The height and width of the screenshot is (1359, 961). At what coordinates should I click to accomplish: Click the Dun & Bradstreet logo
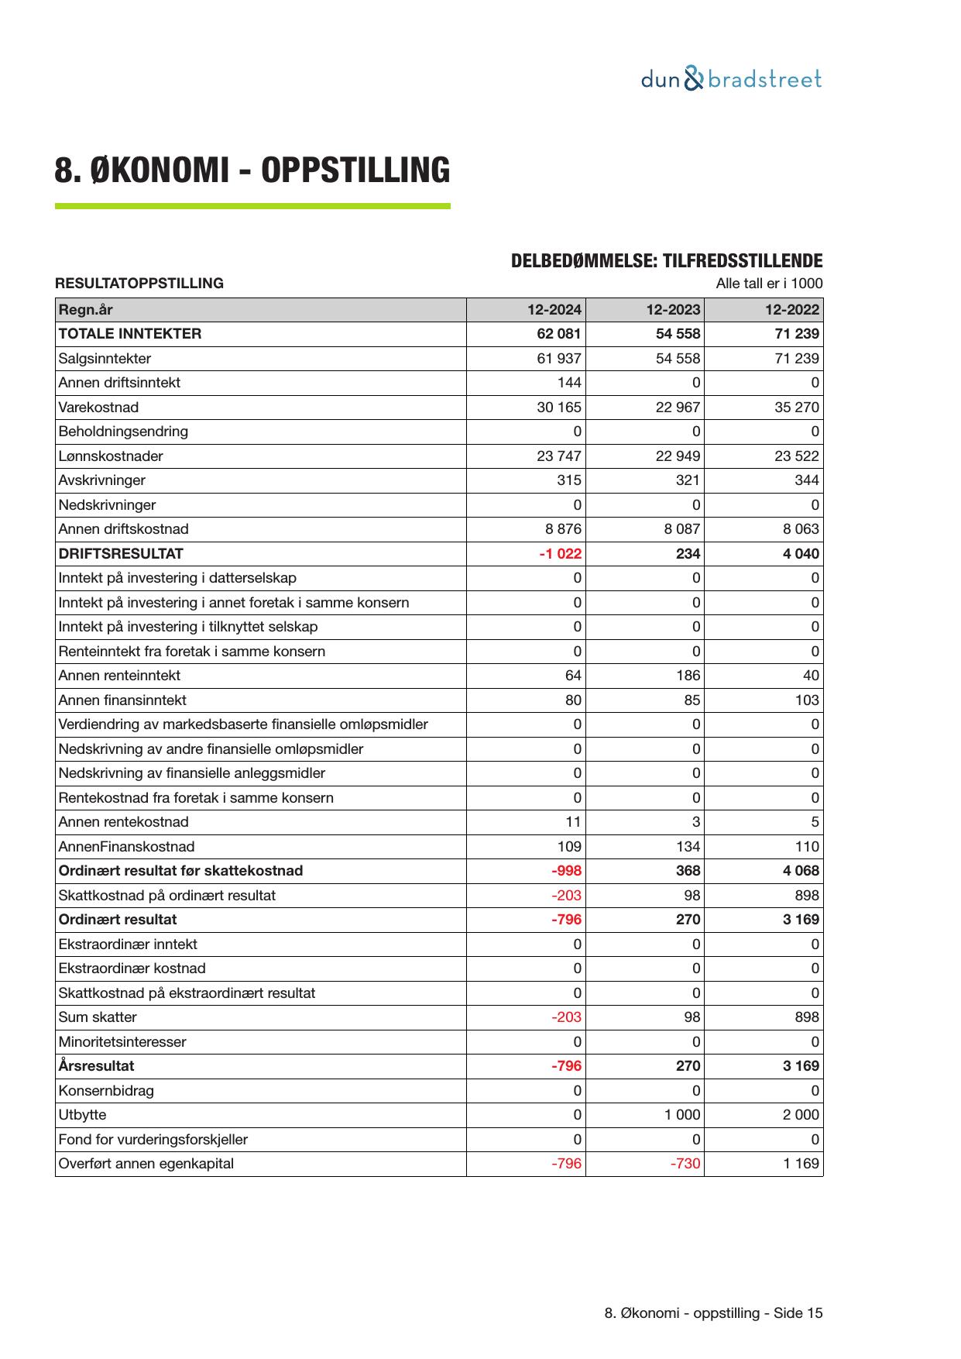click(x=731, y=79)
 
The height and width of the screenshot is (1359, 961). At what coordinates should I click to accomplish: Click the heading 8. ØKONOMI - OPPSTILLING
click(x=252, y=170)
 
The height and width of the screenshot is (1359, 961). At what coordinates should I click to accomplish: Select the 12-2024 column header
click(x=554, y=310)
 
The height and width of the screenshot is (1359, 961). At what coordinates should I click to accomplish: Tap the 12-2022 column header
click(x=791, y=310)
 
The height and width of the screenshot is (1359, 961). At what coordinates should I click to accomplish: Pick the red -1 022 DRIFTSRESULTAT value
click(x=560, y=554)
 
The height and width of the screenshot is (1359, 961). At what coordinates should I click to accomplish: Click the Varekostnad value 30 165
click(x=558, y=408)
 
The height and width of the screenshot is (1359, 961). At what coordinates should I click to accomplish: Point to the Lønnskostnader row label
click(x=111, y=456)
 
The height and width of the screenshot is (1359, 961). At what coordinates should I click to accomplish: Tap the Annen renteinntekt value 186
click(x=688, y=676)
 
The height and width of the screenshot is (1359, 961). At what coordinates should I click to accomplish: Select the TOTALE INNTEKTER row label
click(x=129, y=334)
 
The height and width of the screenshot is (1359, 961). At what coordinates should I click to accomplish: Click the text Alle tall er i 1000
click(x=769, y=284)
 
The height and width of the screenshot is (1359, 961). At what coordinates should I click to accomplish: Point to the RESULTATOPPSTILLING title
click(x=139, y=284)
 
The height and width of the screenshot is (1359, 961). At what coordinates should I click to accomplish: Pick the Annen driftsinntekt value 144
click(x=568, y=383)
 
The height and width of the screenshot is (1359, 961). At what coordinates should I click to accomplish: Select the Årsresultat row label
click(x=96, y=1066)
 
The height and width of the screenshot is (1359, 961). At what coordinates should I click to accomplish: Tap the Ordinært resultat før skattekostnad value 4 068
click(x=801, y=871)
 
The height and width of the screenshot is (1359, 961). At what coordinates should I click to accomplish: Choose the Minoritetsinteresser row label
click(x=122, y=1042)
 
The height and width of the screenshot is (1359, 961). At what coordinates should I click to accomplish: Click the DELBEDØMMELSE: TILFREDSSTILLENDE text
click(x=667, y=261)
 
